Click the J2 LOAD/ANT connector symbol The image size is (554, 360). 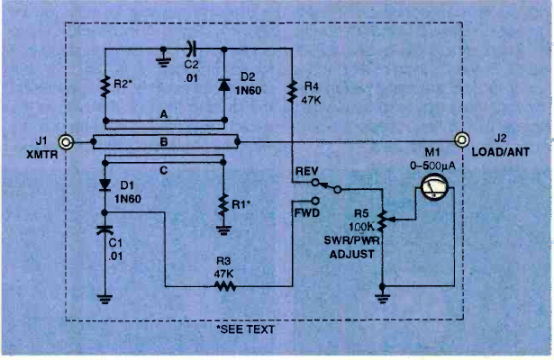[x=461, y=140]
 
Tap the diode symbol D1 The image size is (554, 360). [x=106, y=187]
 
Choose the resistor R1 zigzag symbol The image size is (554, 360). [x=222, y=203]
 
